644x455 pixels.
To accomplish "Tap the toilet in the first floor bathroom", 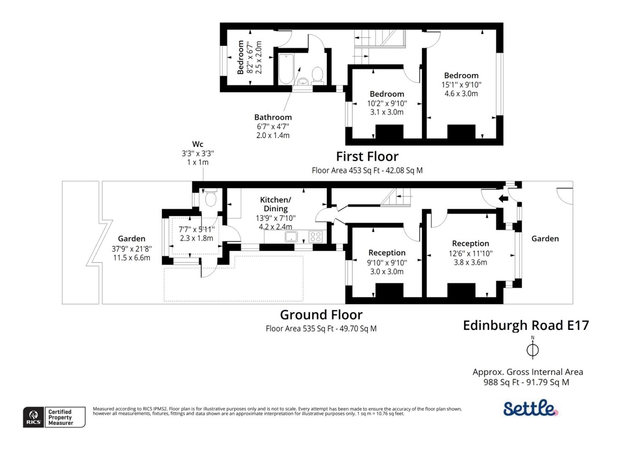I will [317, 75].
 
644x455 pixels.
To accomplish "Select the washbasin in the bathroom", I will [303, 81].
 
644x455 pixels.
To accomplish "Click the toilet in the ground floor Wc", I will [210, 198].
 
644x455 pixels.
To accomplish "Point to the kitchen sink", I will [291, 237].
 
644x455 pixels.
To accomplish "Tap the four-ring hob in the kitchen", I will [315, 237].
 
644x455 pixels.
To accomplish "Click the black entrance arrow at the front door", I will [503, 198].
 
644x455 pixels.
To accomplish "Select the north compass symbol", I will [532, 349].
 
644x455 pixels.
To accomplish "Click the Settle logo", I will [530, 408].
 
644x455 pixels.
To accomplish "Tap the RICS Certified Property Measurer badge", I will [54, 417].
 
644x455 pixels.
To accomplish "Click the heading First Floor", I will [367, 157].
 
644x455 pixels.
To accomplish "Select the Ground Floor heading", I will [321, 315].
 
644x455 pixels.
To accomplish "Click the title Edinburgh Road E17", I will [526, 325].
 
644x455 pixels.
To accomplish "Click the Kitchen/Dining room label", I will [275, 204].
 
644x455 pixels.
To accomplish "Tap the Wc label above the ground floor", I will [198, 144].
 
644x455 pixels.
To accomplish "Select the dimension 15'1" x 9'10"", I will [461, 85].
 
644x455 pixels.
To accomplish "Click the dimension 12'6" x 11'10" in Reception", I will [470, 253].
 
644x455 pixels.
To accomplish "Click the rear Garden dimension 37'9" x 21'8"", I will [131, 249].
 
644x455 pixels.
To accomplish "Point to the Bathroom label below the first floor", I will [273, 117].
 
